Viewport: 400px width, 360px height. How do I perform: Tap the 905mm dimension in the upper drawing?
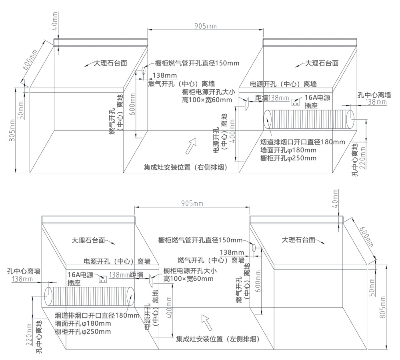[x=205, y=26]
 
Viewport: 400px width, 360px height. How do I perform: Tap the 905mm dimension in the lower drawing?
[x=192, y=204]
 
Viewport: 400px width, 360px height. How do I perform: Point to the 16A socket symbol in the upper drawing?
[x=296, y=102]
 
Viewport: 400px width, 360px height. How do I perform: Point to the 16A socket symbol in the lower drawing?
[x=102, y=279]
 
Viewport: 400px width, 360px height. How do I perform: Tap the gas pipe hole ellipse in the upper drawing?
[x=143, y=70]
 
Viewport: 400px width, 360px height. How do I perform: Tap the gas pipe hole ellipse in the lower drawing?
[x=253, y=247]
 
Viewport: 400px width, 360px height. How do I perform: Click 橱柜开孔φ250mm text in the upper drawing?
[x=288, y=158]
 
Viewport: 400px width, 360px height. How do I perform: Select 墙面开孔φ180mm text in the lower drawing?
[x=83, y=324]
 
